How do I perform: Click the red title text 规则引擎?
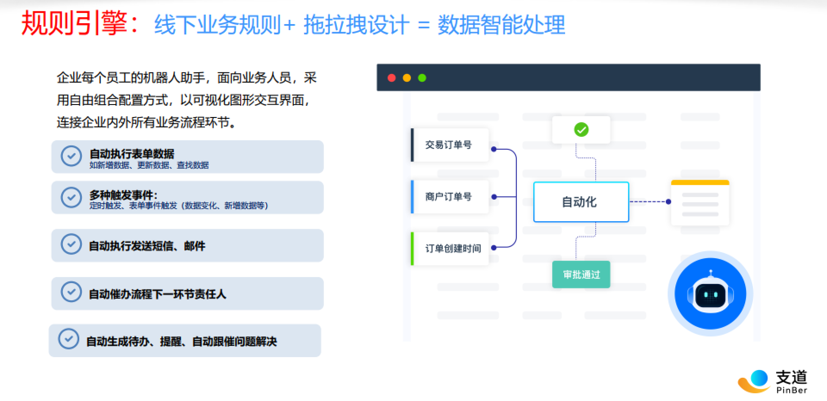[75, 23]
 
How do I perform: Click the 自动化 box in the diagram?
[581, 202]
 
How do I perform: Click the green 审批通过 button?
[581, 275]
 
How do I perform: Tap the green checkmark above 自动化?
[581, 130]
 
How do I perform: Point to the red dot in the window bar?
[392, 78]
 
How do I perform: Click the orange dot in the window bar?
[407, 78]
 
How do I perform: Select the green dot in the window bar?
[422, 78]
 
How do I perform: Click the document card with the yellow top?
[700, 202]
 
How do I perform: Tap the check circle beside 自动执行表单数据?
[71, 156]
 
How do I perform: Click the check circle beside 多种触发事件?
[71, 197]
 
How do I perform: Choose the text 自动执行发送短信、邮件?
[147, 246]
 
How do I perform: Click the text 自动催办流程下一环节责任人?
[157, 294]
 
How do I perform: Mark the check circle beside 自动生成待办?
[68, 339]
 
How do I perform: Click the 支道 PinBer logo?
[773, 381]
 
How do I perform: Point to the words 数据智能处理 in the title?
[501, 25]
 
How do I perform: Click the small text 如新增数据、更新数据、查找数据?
[149, 165]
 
